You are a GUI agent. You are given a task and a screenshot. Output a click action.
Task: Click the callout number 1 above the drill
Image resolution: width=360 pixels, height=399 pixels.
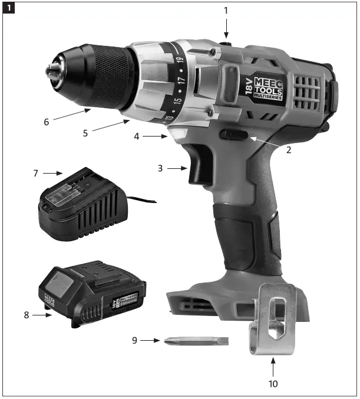tap(225, 10)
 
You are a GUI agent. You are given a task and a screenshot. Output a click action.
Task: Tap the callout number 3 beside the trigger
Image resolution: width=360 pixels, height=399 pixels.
tap(160, 168)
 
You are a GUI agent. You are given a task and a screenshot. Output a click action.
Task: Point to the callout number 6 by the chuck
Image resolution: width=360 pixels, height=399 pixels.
tap(46, 122)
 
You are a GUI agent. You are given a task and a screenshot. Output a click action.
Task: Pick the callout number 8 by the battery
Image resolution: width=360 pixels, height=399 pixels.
tap(27, 315)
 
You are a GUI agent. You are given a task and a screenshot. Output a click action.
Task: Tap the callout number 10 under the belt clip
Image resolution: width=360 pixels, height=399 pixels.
tap(272, 384)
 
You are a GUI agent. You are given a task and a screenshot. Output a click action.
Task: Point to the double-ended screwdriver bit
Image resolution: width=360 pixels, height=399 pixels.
tap(197, 341)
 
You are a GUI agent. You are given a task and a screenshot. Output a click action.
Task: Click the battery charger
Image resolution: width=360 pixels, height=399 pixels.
tap(82, 206)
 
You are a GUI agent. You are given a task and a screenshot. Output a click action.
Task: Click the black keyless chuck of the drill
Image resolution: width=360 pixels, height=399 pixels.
tap(94, 74)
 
